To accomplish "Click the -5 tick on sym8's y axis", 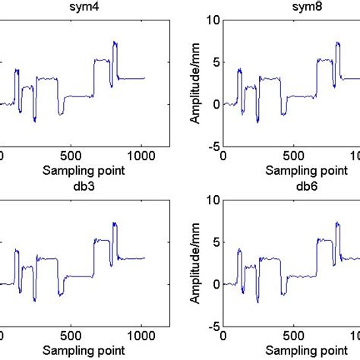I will point(212,146).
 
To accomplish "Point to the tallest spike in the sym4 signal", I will point(115,43).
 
